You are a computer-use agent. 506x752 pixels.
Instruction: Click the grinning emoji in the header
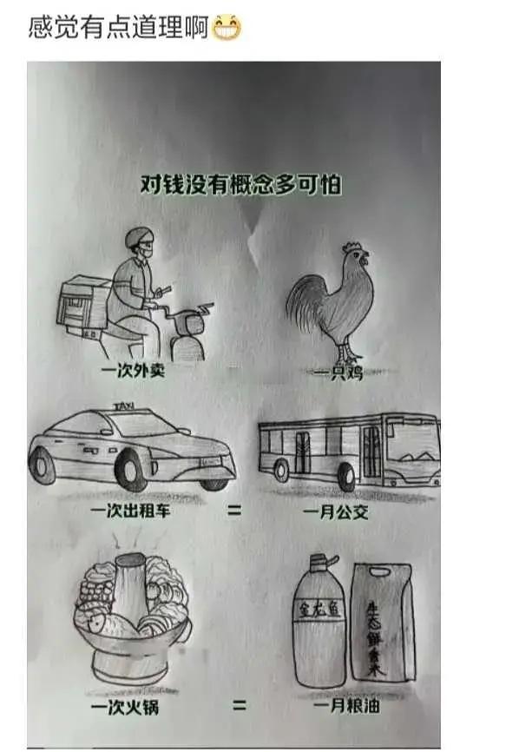pos(227,29)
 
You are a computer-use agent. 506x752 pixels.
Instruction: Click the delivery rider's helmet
pos(138,239)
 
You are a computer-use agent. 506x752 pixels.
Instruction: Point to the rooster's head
pos(354,257)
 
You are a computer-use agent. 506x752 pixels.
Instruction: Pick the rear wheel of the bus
pos(281,470)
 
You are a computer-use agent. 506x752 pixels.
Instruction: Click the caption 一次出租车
pos(131,512)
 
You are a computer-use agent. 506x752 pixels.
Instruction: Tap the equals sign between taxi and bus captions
pos(234,511)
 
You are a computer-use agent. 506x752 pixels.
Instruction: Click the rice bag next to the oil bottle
pos(381,621)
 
